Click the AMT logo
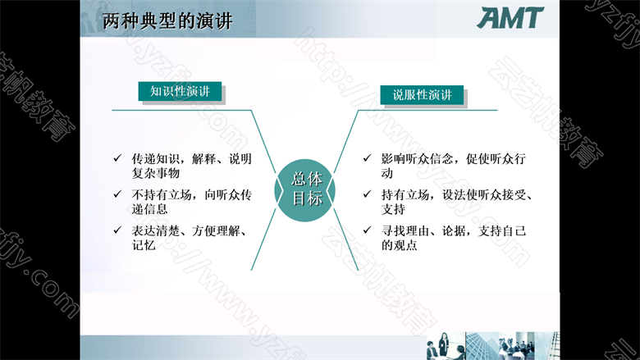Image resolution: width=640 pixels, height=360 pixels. click(x=510, y=18)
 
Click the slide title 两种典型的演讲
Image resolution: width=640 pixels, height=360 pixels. click(x=167, y=21)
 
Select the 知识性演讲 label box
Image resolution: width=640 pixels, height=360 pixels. click(x=180, y=91)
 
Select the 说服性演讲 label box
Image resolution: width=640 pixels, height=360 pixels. click(x=422, y=95)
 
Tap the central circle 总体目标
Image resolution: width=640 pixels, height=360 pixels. click(x=305, y=190)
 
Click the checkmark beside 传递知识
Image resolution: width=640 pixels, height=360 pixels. click(x=117, y=157)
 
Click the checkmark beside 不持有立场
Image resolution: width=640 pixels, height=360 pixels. click(x=117, y=194)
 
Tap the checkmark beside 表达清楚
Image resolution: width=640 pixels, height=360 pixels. click(x=117, y=230)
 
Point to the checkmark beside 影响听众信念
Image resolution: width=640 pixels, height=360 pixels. click(x=368, y=157)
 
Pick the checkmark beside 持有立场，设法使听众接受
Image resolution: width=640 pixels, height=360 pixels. click(x=368, y=194)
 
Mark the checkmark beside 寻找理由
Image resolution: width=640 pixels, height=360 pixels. click(x=368, y=230)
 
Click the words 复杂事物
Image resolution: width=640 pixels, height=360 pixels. click(x=156, y=173)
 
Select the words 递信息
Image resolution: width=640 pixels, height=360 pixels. click(x=149, y=209)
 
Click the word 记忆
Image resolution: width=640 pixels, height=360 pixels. click(x=144, y=245)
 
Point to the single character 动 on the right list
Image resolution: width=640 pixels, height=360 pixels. click(x=387, y=173)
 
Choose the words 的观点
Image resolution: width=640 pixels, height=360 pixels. click(x=400, y=245)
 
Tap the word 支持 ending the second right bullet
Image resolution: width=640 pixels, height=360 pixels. click(x=393, y=209)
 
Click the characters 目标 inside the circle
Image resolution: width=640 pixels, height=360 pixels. click(x=307, y=198)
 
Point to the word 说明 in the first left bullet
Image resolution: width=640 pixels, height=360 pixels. click(x=240, y=158)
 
